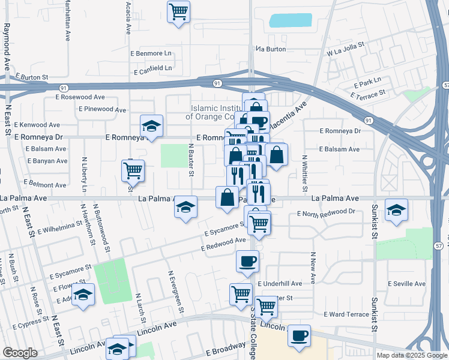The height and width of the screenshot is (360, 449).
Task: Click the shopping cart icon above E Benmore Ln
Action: [x=178, y=11]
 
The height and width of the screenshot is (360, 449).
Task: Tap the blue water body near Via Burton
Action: [x=291, y=20]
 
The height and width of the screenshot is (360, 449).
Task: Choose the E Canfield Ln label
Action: [x=152, y=68]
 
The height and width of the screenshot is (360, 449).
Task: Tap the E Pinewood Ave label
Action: [x=103, y=109]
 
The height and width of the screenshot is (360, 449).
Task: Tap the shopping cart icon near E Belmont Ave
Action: [x=133, y=170]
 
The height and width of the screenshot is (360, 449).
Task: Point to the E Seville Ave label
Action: [x=406, y=284]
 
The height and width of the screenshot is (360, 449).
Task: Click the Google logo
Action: [x=20, y=353]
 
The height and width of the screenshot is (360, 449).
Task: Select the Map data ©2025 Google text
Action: [x=411, y=355]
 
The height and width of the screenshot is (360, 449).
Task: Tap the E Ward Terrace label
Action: [x=346, y=314]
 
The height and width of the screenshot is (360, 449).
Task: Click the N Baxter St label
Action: [x=191, y=160]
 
